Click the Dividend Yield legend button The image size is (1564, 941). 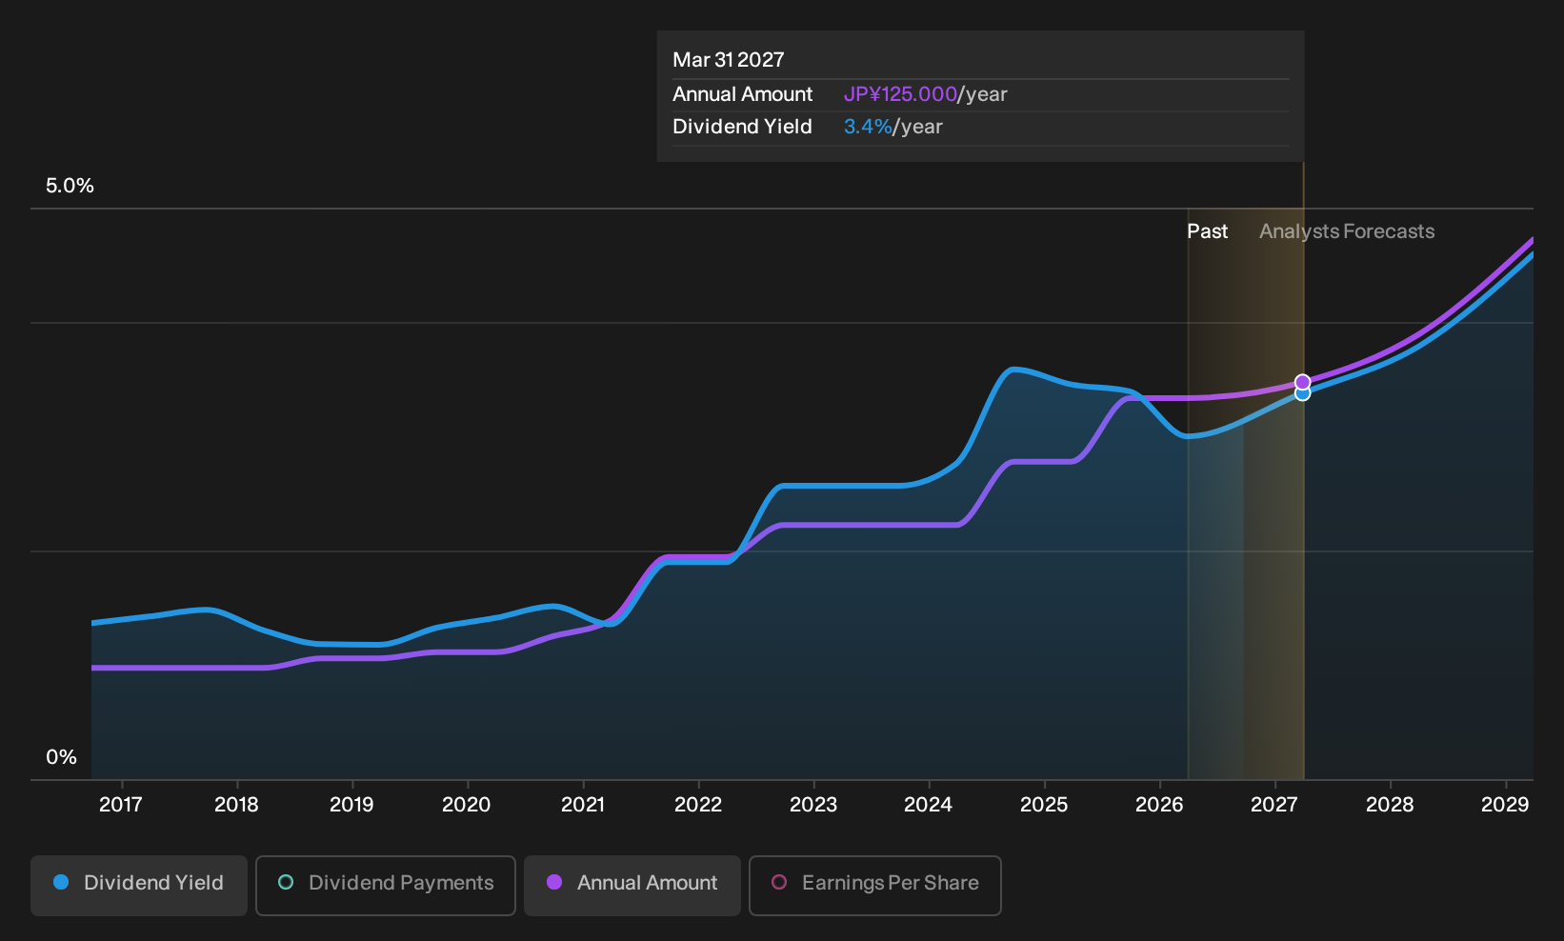pyautogui.click(x=139, y=885)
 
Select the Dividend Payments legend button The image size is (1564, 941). pyautogui.click(x=386, y=885)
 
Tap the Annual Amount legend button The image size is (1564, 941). pyautogui.click(x=632, y=885)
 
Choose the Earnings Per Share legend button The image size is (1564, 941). pyautogui.click(x=874, y=885)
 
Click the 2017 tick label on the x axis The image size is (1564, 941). pyautogui.click(x=121, y=805)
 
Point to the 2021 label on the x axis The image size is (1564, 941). pyautogui.click(x=583, y=805)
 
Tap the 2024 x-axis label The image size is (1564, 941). pyautogui.click(x=929, y=805)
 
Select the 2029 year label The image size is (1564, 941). pyautogui.click(x=1505, y=805)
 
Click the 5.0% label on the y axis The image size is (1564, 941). pyautogui.click(x=70, y=186)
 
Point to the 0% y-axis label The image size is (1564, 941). pyautogui.click(x=62, y=757)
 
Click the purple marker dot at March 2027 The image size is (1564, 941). pyautogui.click(x=1302, y=382)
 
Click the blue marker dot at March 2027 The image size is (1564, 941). pyautogui.click(x=1302, y=394)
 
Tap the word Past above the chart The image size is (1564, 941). pyautogui.click(x=1207, y=231)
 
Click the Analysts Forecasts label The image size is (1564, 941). pyautogui.click(x=1347, y=231)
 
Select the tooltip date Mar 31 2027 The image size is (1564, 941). pyautogui.click(x=729, y=60)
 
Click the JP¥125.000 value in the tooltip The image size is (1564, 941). pyautogui.click(x=900, y=94)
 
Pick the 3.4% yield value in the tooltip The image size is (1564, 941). pyautogui.click(x=868, y=127)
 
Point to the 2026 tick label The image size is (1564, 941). pyautogui.click(x=1159, y=805)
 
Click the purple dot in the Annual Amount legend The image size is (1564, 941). pyautogui.click(x=554, y=882)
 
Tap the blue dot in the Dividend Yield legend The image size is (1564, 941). pyautogui.click(x=62, y=882)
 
